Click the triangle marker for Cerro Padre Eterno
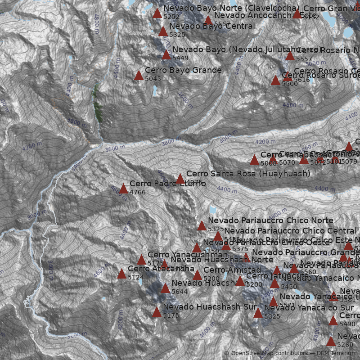pos(123,189)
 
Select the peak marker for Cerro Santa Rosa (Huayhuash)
pos(180,179)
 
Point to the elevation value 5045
pos(153,79)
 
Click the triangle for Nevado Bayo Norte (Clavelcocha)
pos(157,13)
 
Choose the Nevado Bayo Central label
pos(212,26)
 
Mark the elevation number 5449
pos(180,58)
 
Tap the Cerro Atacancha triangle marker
pos(121,274)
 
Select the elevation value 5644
pos(179,292)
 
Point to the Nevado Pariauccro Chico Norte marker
pos(202,226)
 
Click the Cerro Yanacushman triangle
pos(141,260)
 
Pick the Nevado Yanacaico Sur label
pos(309,308)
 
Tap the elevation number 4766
pos(137,193)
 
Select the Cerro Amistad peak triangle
pos(197,275)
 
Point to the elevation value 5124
pos(135,278)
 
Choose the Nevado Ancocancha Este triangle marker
pos(208,20)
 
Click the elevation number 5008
pos(268,163)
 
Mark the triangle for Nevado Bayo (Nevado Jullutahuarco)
pos(166,55)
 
